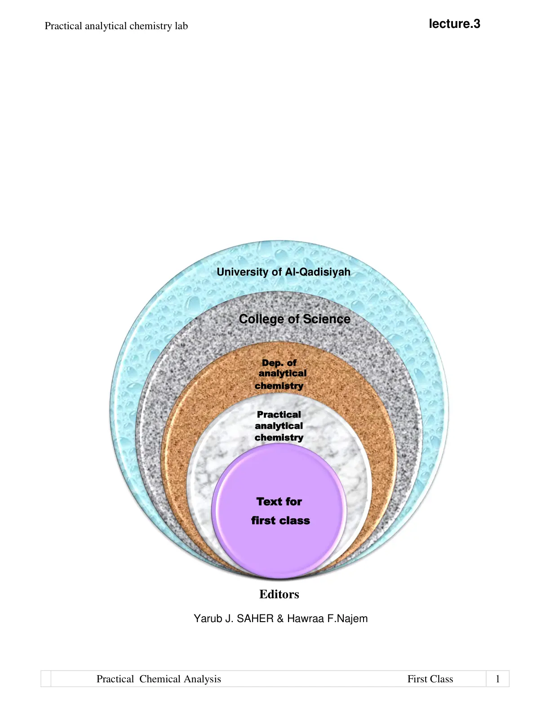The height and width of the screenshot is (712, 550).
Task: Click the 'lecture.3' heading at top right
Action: tap(454, 24)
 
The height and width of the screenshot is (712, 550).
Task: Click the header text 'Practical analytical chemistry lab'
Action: tap(116, 26)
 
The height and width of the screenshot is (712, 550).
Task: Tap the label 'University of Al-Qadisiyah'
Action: tap(284, 272)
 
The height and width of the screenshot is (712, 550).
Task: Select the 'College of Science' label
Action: tap(294, 319)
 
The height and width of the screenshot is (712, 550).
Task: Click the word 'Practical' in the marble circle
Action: tap(279, 414)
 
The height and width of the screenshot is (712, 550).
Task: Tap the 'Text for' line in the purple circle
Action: tap(279, 502)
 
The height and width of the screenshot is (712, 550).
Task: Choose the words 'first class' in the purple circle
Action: tap(280, 521)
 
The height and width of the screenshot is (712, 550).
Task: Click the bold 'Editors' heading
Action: tap(279, 594)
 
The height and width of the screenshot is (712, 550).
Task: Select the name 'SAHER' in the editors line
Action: tap(255, 619)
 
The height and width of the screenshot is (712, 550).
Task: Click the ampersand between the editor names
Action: tap(280, 619)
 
